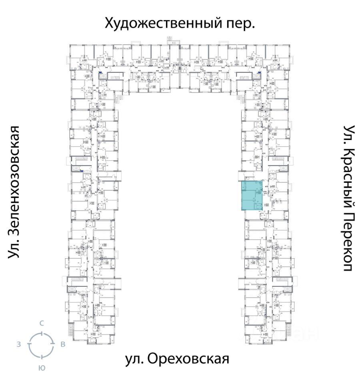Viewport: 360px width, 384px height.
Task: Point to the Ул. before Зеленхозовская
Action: click(x=14, y=248)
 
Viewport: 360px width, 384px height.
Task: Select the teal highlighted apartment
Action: click(x=252, y=195)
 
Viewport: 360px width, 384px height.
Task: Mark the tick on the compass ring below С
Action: click(x=41, y=333)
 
